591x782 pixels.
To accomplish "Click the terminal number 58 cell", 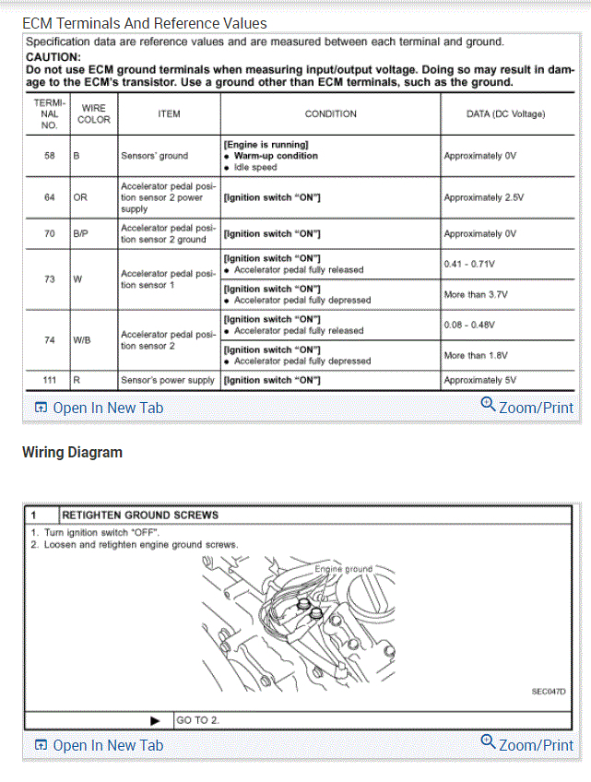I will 49,156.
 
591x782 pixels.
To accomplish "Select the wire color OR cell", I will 80,197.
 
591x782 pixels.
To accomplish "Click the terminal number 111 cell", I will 49,380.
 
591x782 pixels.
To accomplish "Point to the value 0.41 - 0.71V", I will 469,264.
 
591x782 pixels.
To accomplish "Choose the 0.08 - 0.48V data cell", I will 469,325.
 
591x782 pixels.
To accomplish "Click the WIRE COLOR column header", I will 94,113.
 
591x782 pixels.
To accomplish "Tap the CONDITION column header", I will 330,114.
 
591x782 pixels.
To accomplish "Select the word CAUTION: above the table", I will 53,56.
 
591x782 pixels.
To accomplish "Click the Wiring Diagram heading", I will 72,452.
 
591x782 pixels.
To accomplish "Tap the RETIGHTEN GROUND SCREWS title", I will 140,515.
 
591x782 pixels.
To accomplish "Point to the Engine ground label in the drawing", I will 344,569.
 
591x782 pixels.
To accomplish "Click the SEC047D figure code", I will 548,691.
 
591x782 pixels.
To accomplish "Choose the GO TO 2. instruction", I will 198,720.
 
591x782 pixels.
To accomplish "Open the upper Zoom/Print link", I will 527,407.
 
